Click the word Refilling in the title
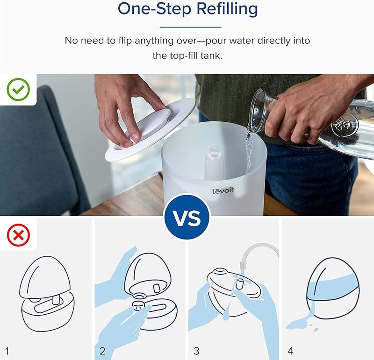(227, 9)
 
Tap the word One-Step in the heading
(155, 9)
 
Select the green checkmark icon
(18, 89)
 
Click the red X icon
(18, 235)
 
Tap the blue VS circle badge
(187, 218)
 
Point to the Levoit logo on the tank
(223, 191)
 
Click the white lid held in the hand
(150, 130)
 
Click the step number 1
(7, 351)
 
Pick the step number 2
(102, 351)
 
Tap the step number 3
(196, 351)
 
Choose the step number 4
(290, 351)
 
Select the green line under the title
(191, 27)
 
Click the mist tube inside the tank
(214, 162)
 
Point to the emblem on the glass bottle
(344, 124)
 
